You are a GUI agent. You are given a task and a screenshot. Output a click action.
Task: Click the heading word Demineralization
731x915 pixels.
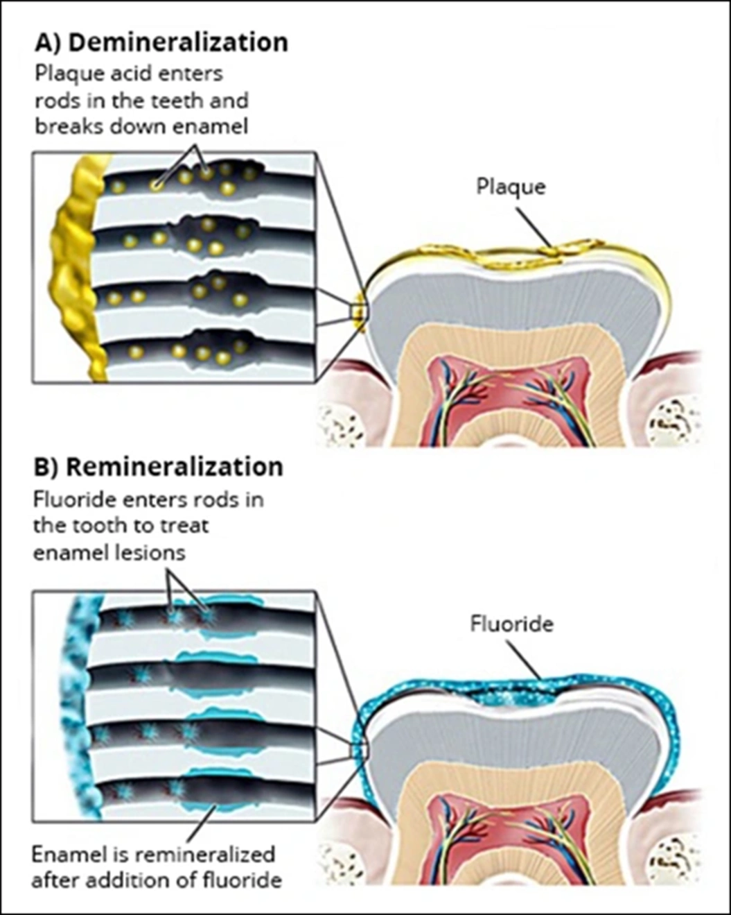(178, 43)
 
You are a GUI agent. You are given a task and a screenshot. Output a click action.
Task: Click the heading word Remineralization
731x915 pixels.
(174, 467)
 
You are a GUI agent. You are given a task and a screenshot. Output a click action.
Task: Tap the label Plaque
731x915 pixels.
(511, 186)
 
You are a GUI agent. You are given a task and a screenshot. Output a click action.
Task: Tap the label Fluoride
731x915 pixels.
(512, 624)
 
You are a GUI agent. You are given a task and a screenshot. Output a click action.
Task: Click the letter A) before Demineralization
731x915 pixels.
(49, 43)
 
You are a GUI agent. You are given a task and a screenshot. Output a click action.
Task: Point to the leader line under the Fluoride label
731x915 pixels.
(525, 660)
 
